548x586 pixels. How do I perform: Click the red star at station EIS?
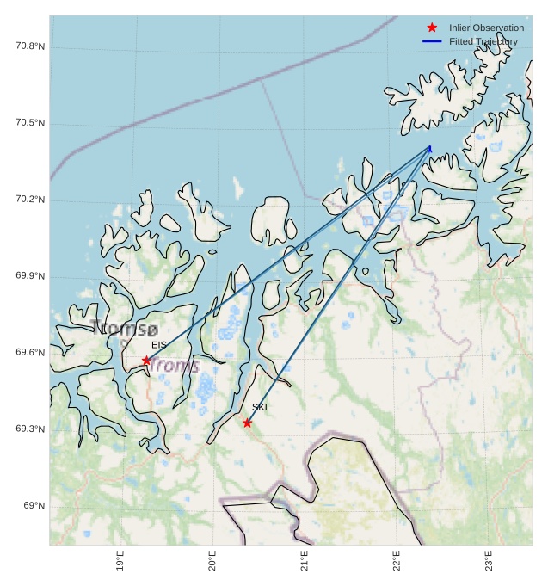(x=146, y=361)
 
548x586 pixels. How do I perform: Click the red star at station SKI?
(x=247, y=423)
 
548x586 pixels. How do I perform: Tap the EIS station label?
(x=159, y=345)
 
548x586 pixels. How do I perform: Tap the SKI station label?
(x=260, y=407)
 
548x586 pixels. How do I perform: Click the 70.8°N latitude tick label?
(x=30, y=46)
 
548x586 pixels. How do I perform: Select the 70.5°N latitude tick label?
(x=30, y=123)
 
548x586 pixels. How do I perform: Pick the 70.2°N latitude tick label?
(x=30, y=200)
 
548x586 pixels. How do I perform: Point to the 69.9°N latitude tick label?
(x=30, y=276)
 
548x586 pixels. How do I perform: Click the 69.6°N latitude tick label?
(x=30, y=353)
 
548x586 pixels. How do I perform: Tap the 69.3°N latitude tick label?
(x=30, y=429)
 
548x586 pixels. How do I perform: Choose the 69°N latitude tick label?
(x=34, y=506)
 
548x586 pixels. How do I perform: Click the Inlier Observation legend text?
(x=486, y=28)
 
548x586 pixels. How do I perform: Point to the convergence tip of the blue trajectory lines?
(x=430, y=147)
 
